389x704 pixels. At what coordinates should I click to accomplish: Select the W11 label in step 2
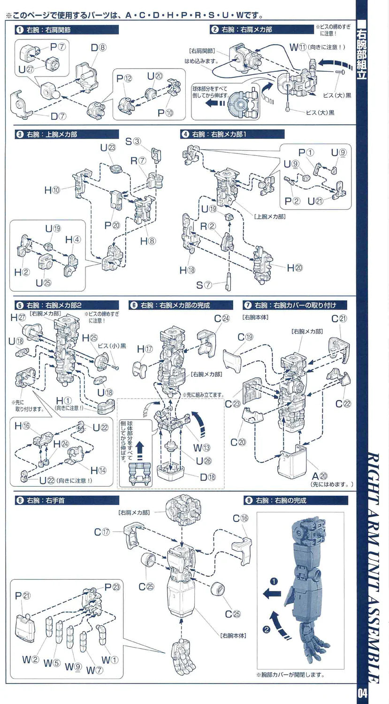pyautogui.click(x=298, y=47)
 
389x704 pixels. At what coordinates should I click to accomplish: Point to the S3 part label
pyautogui.click(x=133, y=141)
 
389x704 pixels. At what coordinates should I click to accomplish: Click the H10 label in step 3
pyautogui.click(x=52, y=190)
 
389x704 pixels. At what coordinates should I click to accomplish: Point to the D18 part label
pyautogui.click(x=207, y=478)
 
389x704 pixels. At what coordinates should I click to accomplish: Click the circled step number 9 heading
pyautogui.click(x=249, y=500)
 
